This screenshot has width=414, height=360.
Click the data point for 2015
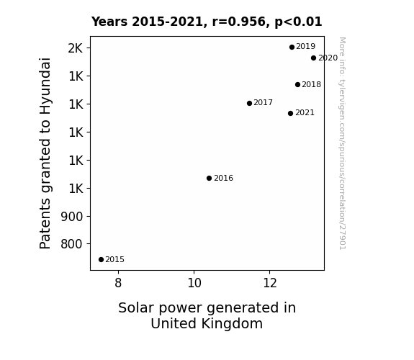[x=101, y=260]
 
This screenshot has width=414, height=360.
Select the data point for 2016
[x=209, y=179]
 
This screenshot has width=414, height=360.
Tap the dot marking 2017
[x=250, y=103]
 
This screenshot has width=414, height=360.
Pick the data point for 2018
[x=297, y=84]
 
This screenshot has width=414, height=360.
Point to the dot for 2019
[x=292, y=48]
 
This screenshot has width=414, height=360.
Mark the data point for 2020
[x=313, y=58]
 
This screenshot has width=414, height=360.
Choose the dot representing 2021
[x=290, y=113]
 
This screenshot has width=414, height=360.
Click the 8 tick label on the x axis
[x=118, y=283]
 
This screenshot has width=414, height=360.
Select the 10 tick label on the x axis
[x=194, y=283]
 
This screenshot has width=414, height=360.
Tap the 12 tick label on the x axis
[x=270, y=283]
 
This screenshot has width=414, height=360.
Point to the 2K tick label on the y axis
[x=76, y=48]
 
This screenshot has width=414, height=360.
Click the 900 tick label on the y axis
[x=72, y=217]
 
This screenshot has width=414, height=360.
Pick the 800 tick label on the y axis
[x=72, y=244]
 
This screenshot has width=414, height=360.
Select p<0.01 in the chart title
[x=298, y=22]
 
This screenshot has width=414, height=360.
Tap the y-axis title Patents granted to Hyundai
[x=45, y=153]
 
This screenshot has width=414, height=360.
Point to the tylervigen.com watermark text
[x=343, y=143]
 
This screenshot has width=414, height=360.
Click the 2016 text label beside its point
[x=223, y=179]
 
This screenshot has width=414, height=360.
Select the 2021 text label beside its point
[x=305, y=113]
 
